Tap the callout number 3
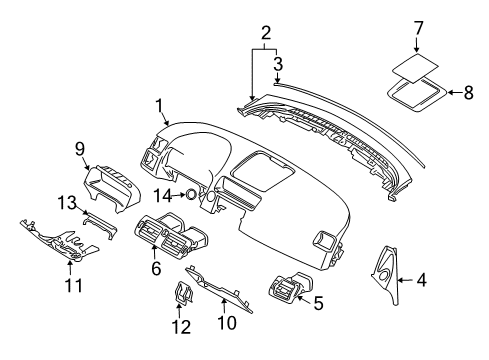point(278,62)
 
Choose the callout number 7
point(417,30)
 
